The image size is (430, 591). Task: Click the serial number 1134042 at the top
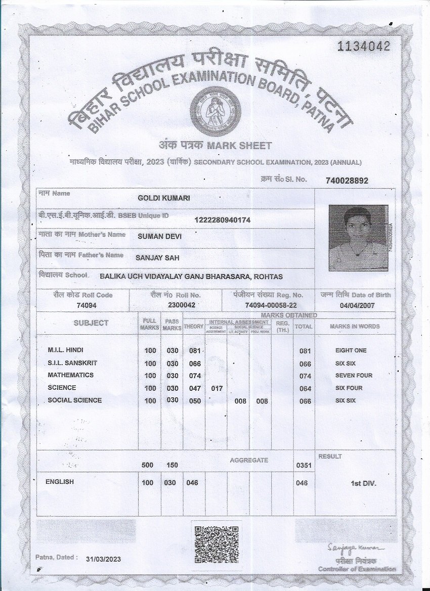364,47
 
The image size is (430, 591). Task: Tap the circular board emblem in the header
212,109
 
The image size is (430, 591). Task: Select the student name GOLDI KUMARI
164,198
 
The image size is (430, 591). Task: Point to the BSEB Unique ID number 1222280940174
222,219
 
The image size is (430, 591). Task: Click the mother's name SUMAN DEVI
159,236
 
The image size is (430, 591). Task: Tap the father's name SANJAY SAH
157,258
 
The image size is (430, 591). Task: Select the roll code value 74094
86,305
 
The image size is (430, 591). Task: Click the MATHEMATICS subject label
70,375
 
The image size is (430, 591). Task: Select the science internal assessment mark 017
216,388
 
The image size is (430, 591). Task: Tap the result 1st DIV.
363,483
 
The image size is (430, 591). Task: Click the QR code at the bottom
217,544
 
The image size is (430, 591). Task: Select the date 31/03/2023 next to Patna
104,559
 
